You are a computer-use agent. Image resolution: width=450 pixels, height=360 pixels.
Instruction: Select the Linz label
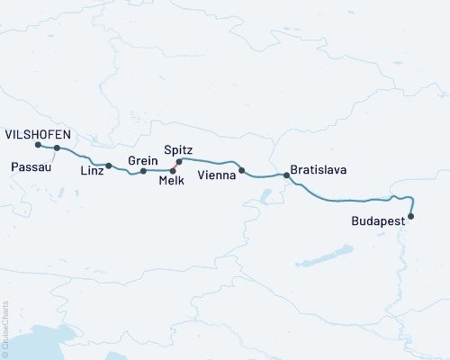pos(91,170)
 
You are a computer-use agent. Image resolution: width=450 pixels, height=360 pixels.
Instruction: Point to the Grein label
pos(144,160)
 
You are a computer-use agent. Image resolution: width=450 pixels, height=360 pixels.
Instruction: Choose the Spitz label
pos(178,150)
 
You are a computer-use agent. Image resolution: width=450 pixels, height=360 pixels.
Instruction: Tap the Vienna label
pos(216,175)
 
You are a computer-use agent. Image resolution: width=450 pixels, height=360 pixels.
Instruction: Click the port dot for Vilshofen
pos(38,145)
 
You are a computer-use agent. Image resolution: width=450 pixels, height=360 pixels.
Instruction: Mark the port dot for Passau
pos(57,148)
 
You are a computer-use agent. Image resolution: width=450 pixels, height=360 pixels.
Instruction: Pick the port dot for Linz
pos(109,166)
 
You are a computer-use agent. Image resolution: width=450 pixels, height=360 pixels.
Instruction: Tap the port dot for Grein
pos(143,170)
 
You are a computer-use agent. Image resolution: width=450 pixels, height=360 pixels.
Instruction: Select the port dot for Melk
pos(173,169)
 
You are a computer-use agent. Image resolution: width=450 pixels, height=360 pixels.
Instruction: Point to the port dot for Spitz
pos(179,162)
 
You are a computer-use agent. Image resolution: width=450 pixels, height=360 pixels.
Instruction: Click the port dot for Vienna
pos(241,170)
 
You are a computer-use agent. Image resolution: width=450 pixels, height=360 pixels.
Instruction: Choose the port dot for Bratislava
pos(286,175)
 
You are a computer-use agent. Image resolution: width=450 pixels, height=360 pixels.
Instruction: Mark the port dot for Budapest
pos(411,216)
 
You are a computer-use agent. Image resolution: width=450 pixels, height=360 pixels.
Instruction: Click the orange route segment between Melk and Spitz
pos(176,166)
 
